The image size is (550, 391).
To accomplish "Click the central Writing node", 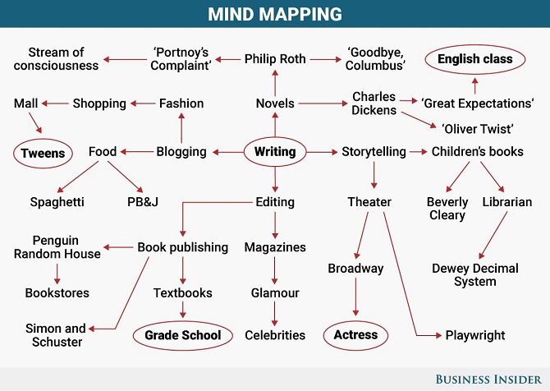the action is coord(275,152).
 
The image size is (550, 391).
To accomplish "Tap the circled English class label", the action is coord(475,59).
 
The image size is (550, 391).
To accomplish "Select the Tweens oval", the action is coord(43,154).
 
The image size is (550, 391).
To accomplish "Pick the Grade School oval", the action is coord(183,335).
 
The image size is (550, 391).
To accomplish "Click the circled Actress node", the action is coord(355,335).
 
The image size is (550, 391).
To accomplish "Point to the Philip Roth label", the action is coord(275,59).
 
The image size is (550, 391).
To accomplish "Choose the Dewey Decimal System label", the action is coord(475,275).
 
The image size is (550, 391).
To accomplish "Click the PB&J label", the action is coord(143,202).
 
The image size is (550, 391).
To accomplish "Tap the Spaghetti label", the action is coord(57,202).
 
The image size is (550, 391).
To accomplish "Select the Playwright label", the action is coord(475,335).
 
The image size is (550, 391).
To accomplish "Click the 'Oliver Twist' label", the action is coord(478,129).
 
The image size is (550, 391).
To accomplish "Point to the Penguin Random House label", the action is coord(57,247).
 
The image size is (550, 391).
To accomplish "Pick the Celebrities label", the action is coord(275,335).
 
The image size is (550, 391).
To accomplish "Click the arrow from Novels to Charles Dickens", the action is coord(323,103).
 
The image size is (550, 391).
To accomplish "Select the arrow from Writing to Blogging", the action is coord(228,152).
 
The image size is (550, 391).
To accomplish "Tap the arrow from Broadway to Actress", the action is coord(355,297).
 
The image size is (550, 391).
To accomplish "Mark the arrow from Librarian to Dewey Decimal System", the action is coord(493,235).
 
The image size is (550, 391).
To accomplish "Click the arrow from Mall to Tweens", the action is coord(35,122).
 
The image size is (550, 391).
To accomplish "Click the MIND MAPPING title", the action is coord(275,14).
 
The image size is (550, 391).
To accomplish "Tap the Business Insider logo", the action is coord(488,379).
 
